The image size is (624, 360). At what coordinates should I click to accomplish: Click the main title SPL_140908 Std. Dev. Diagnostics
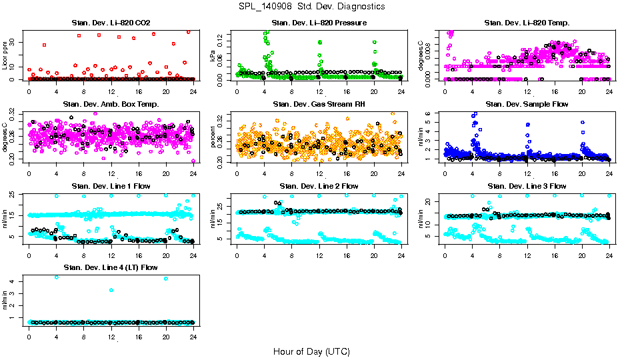pyautogui.click(x=311, y=7)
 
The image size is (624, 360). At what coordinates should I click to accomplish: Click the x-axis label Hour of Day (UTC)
pyautogui.click(x=311, y=351)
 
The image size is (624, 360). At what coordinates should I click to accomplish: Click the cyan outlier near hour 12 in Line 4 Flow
pyautogui.click(x=111, y=290)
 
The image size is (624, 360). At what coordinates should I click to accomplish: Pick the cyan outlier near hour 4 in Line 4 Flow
pyautogui.click(x=56, y=277)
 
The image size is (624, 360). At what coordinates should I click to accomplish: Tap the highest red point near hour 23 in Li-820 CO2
pyautogui.click(x=189, y=31)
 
